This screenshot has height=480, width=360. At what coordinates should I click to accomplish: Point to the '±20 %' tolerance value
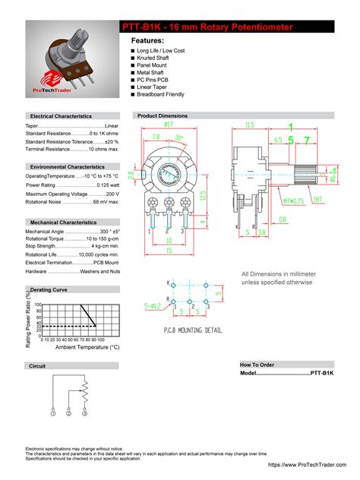pos(111,141)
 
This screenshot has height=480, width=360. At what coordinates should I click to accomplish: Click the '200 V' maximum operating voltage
pos(112,194)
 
